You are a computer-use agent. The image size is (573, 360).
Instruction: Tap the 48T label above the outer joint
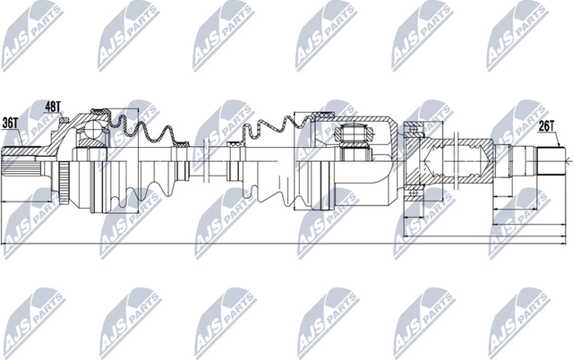pos(54,107)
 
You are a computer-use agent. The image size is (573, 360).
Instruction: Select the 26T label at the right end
pos(549,126)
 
